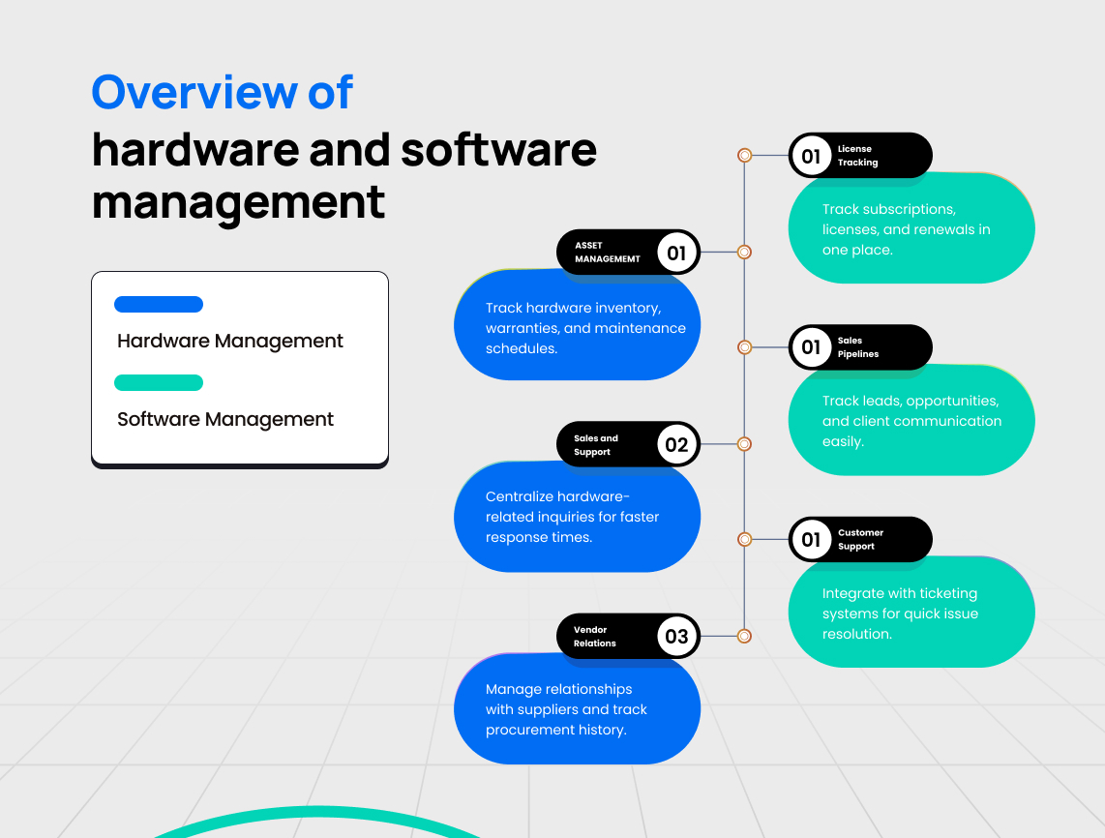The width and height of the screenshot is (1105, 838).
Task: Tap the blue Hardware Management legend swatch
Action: (159, 305)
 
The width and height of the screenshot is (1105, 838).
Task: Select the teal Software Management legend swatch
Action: (159, 383)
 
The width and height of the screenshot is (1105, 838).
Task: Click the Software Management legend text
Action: (225, 420)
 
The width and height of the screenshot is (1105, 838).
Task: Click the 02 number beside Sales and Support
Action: (676, 445)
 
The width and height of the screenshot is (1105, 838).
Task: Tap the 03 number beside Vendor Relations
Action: (676, 637)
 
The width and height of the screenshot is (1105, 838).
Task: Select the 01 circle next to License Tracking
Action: (811, 156)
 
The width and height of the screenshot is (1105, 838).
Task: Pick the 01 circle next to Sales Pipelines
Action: (811, 347)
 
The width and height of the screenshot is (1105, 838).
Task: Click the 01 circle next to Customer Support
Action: (811, 540)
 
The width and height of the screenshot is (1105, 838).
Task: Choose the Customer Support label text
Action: (860, 540)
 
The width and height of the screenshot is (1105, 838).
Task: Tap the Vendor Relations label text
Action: (594, 637)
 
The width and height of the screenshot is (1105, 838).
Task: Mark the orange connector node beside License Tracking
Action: (744, 155)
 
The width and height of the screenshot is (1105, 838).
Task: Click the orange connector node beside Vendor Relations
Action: (744, 636)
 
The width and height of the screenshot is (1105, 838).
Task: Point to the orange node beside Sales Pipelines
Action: (744, 347)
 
